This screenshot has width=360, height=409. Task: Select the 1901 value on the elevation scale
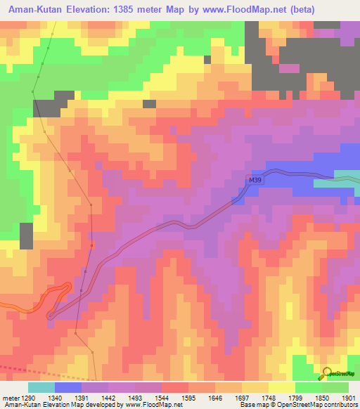[x=347, y=397]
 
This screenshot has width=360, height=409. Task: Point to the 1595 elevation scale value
[x=188, y=397]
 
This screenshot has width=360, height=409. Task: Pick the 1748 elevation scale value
[x=268, y=397]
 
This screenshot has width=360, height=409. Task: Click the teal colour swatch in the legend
[x=41, y=387]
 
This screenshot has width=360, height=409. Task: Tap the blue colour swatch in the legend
[x=68, y=387]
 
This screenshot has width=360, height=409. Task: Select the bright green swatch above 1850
[x=308, y=387]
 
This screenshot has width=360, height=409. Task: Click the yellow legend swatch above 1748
[x=281, y=387]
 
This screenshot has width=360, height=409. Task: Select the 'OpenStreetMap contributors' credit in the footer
[x=320, y=405]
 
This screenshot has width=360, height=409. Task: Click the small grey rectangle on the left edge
[x=26, y=235]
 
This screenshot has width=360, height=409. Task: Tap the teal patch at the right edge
[x=346, y=178]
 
